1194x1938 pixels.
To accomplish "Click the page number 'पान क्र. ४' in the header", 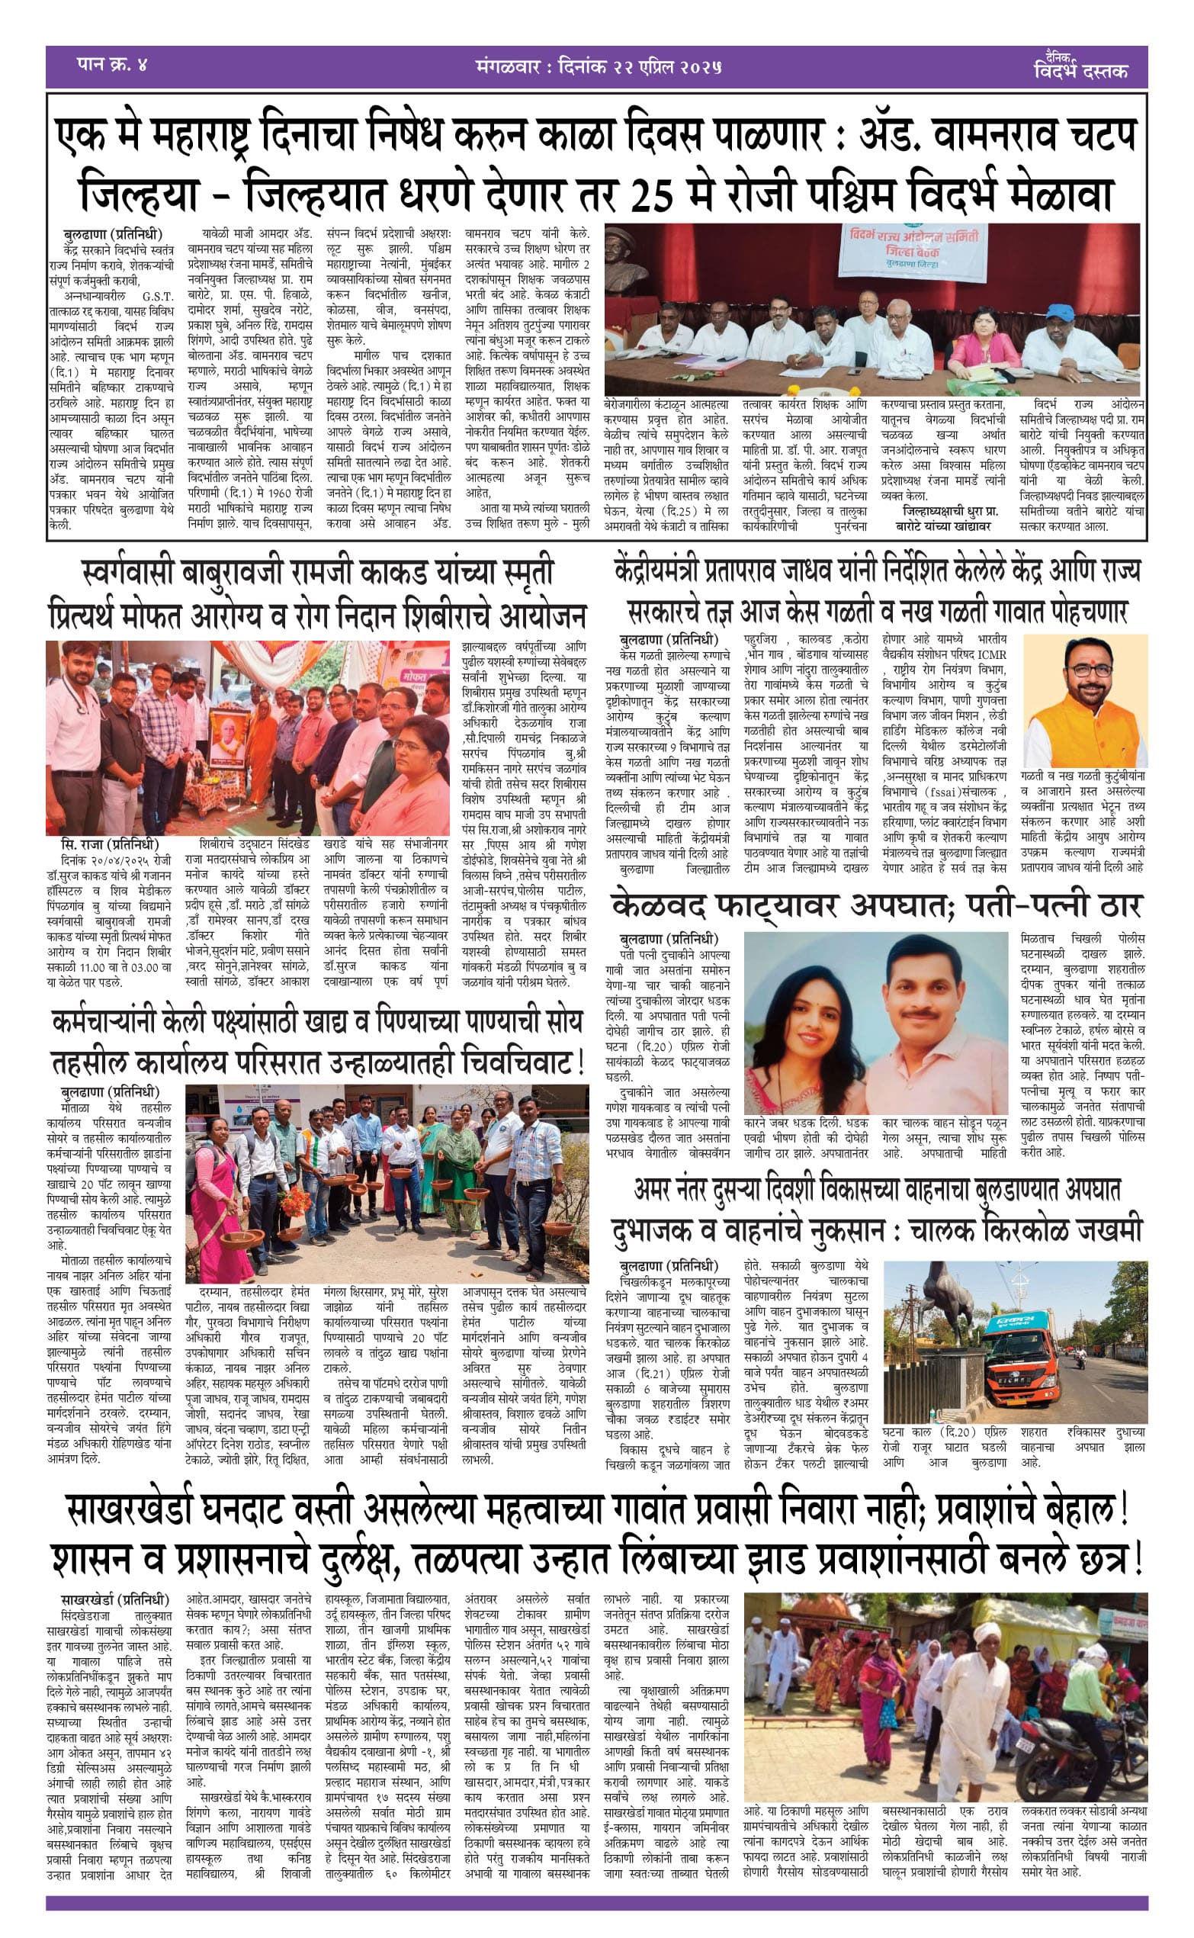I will point(112,66).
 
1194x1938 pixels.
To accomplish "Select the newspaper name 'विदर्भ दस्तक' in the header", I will point(1081,70).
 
